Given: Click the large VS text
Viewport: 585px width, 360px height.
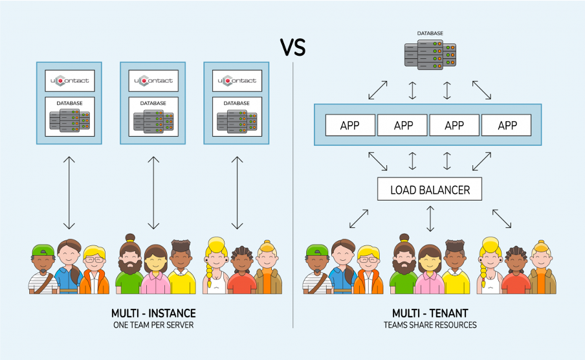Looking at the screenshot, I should (x=292, y=48).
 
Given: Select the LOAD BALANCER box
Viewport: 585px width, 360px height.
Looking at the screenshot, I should (x=430, y=190).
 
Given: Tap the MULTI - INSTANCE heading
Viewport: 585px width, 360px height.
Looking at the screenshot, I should (x=153, y=313).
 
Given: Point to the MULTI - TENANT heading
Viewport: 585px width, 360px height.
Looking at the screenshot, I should (x=430, y=313).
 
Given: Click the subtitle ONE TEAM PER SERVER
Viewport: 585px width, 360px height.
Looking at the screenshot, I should (x=153, y=325).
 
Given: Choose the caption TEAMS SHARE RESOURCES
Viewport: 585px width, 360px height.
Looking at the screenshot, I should (x=430, y=325).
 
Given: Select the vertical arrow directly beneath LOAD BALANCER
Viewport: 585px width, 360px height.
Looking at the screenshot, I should (x=430, y=219).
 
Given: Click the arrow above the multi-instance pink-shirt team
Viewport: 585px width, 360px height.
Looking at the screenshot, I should (x=153, y=192).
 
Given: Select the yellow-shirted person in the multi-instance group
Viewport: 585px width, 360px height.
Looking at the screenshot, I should (x=182, y=269).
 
